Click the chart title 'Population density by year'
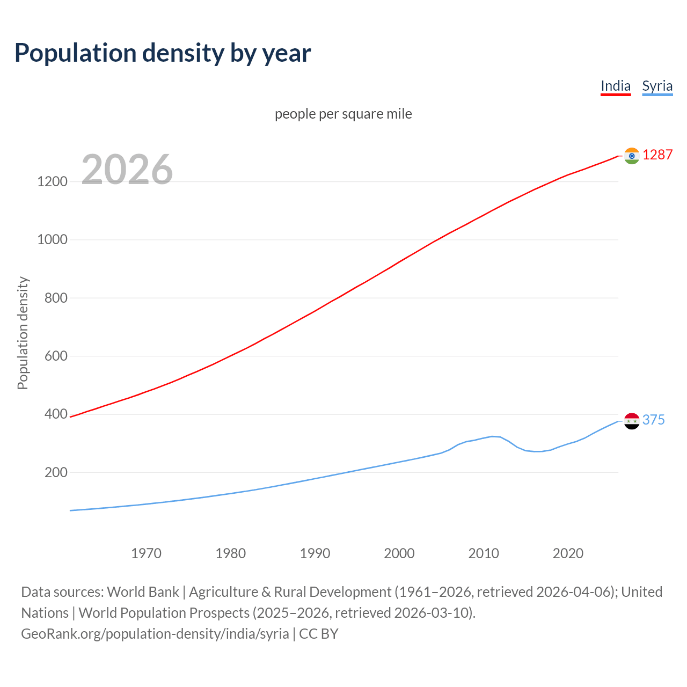[163, 53]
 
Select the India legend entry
[615, 86]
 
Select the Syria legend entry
[657, 86]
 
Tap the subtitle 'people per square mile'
[343, 114]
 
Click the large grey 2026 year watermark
[127, 170]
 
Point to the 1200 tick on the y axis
[52, 181]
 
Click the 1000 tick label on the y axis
[52, 239]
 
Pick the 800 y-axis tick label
[56, 298]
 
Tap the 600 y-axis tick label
[56, 356]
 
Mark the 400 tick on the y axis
[56, 414]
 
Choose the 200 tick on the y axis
[56, 472]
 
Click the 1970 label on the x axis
[146, 553]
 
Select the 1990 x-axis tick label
[315, 553]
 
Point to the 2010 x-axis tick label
[484, 553]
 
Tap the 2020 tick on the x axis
[568, 553]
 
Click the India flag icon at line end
[632, 156]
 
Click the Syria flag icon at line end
[632, 421]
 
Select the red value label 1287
[657, 155]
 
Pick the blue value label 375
[653, 420]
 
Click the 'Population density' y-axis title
[23, 333]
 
